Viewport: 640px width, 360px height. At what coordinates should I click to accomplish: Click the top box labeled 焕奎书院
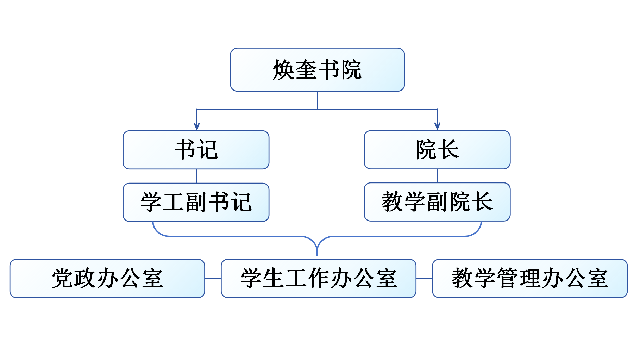pyautogui.click(x=317, y=70)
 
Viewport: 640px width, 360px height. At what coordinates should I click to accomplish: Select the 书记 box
pyautogui.click(x=196, y=150)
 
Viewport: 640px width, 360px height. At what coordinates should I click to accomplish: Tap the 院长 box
pyautogui.click(x=437, y=150)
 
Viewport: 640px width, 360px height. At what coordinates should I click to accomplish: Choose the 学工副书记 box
pyautogui.click(x=196, y=202)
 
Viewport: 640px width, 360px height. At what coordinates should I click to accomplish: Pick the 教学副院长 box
pyautogui.click(x=437, y=202)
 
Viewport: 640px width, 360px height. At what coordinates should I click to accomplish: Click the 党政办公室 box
pyautogui.click(x=107, y=278)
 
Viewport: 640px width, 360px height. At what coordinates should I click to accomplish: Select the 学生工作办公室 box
pyautogui.click(x=318, y=278)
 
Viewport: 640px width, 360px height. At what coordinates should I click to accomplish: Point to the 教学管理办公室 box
pyautogui.click(x=529, y=278)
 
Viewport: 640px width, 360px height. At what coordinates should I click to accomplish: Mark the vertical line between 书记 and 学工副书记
pyautogui.click(x=196, y=176)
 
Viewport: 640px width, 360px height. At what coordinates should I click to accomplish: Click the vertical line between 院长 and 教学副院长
pyautogui.click(x=437, y=176)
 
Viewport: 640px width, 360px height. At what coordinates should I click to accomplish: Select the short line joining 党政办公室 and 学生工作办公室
pyautogui.click(x=213, y=279)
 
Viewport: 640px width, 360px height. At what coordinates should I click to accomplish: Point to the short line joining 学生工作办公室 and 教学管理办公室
pyautogui.click(x=424, y=279)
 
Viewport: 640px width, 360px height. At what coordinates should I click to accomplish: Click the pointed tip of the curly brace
pyautogui.click(x=317, y=254)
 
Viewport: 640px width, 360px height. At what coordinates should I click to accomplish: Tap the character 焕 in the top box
pyautogui.click(x=283, y=70)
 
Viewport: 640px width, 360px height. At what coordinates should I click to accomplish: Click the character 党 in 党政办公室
pyautogui.click(x=62, y=278)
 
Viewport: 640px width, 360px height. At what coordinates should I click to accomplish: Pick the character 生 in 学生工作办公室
pyautogui.click(x=274, y=278)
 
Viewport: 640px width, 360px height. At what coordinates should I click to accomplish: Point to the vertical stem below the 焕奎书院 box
pyautogui.click(x=318, y=100)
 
